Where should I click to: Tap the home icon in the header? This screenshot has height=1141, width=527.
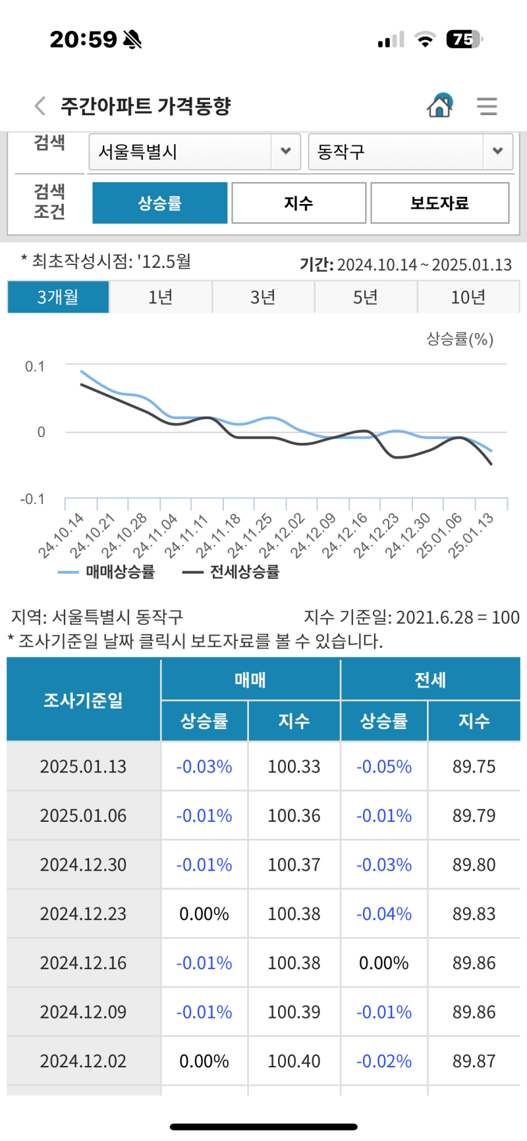coord(439,105)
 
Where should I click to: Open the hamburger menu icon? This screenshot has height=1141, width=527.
coord(487,106)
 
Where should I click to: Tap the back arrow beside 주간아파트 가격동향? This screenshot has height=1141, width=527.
coord(40,106)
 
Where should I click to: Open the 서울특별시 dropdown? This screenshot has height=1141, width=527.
coord(194,152)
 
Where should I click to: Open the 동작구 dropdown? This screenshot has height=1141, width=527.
coord(410,152)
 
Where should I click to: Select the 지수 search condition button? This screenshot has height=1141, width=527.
coord(298,203)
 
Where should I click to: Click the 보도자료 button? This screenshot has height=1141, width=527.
coord(439,203)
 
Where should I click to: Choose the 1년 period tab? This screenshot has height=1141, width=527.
coord(160,297)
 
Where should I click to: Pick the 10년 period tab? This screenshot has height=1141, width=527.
coord(468,297)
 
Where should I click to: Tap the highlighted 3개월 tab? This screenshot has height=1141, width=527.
coord(58,297)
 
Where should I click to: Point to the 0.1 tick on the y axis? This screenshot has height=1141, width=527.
coord(35,367)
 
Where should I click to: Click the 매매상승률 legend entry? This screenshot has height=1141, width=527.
coord(107,572)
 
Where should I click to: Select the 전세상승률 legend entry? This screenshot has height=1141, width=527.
coord(231,572)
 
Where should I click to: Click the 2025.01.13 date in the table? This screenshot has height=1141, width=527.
coord(83,767)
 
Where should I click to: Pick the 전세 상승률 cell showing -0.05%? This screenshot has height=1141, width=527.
coord(384,767)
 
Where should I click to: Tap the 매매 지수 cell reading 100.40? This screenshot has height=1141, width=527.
coord(294,1061)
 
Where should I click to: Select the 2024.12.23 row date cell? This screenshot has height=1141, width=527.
coord(83,914)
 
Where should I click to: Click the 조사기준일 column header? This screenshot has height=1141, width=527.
coord(83,700)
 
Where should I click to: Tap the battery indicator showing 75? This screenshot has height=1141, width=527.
coord(464,39)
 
